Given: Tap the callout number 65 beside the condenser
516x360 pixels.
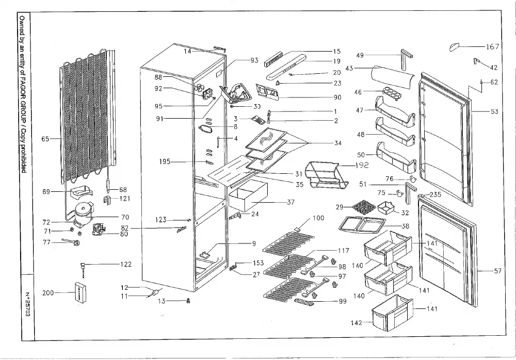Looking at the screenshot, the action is point(45,139).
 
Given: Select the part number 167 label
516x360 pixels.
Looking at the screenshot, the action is point(493,47).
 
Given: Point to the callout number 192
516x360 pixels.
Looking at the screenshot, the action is point(362,165).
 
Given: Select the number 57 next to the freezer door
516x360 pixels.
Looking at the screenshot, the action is point(497,271).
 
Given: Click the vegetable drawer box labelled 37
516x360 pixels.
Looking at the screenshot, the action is point(248,195).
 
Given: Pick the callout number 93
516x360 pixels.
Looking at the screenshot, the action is point(254,60).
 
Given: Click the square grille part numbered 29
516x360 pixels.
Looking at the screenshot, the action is point(364,206).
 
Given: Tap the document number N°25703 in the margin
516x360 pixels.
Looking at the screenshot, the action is point(28,304).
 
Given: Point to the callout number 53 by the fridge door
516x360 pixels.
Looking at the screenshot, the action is point(494,111).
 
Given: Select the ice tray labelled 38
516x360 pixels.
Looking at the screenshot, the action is point(362,225).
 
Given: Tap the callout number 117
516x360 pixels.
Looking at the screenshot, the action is point(343,251).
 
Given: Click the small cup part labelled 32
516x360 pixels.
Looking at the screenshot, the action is point(386,207).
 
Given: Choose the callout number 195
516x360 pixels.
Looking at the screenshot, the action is point(165,161).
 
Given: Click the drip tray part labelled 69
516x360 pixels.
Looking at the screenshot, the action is point(81,192).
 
